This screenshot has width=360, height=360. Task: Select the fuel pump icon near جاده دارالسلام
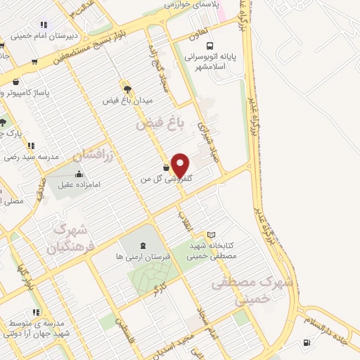[307, 343]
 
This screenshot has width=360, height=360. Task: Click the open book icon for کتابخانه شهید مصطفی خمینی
[212, 235]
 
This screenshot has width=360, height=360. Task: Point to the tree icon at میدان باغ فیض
[127, 89]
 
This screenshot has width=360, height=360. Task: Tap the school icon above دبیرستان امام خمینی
[44, 24]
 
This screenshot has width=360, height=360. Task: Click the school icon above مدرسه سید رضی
[32, 145]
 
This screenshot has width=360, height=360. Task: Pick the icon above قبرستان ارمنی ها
[144, 245]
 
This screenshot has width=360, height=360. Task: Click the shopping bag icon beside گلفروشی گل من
[165, 168]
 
